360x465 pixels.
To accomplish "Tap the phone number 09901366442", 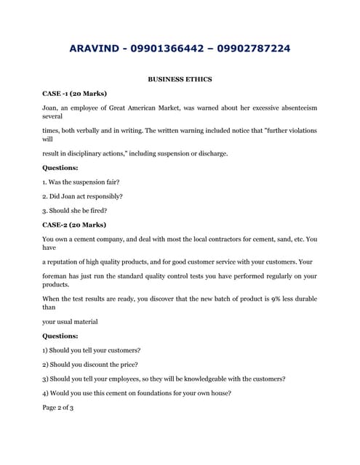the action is pos(182,49).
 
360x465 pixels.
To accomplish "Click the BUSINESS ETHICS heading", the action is pos(180,78).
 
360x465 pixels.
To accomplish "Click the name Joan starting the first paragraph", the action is pos(51,108).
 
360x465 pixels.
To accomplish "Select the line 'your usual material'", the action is pos(70,321).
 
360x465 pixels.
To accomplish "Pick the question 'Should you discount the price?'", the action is pos(90,364).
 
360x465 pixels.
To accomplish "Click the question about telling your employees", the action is pos(164,379).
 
